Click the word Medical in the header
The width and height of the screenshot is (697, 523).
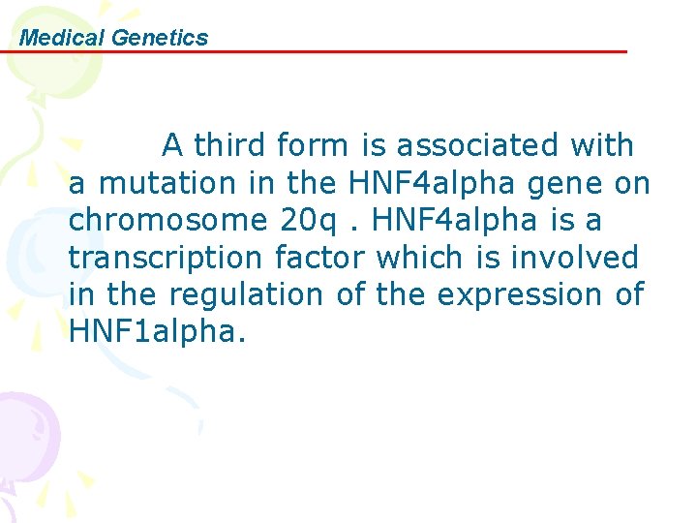coord(63,38)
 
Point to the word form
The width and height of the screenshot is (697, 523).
coord(312,145)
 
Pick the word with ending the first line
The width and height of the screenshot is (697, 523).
coord(602,145)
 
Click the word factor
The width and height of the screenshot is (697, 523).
coord(320,258)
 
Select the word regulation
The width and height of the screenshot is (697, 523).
coord(245,294)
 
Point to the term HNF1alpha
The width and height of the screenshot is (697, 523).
coord(158,331)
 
